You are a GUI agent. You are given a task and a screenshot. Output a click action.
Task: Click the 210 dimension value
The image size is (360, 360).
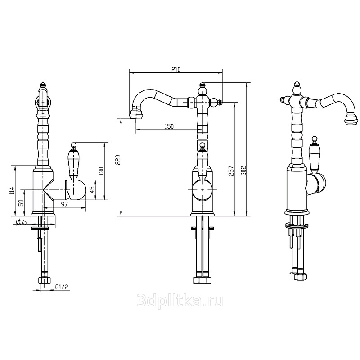(x=176, y=69)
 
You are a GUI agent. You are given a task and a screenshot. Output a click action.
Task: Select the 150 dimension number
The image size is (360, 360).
(x=169, y=126)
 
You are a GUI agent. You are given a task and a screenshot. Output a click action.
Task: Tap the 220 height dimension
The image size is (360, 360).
(x=117, y=160)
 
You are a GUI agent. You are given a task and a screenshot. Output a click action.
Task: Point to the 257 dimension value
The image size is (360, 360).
(x=231, y=171)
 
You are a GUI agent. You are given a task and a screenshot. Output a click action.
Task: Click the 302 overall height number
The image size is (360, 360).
(x=244, y=171)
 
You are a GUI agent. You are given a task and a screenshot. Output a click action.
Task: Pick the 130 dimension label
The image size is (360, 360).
(x=102, y=171)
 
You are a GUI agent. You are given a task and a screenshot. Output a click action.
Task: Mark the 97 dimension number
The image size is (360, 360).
(x=65, y=204)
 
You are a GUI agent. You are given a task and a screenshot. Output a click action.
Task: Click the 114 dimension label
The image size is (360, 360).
(x=12, y=190)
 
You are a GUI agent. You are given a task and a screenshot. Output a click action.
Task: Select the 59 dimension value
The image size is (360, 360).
(x=21, y=203)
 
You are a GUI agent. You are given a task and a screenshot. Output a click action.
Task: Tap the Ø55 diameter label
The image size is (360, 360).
(x=21, y=222)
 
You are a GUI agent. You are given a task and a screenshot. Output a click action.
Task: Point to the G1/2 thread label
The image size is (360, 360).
(x=62, y=287)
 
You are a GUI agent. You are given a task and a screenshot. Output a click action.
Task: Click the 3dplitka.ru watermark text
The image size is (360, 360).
(x=180, y=301)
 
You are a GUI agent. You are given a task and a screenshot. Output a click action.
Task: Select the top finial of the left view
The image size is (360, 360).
(x=43, y=85)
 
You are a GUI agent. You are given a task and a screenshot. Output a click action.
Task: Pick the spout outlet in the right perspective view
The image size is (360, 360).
(x=351, y=120)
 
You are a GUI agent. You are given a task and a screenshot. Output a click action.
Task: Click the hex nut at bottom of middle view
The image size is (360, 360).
(x=202, y=280)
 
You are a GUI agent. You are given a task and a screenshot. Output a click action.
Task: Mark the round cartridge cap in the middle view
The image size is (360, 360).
(x=202, y=190)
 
